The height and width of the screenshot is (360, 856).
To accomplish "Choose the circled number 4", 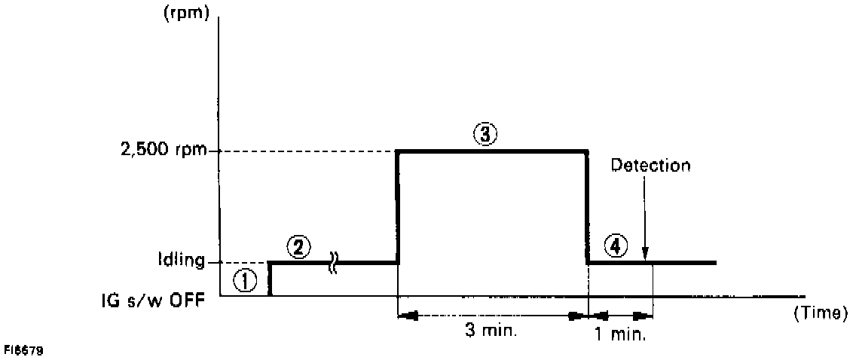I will [x=615, y=246].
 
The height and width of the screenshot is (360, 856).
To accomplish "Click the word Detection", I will [x=650, y=165].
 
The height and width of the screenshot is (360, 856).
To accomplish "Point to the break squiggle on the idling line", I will [x=333, y=262].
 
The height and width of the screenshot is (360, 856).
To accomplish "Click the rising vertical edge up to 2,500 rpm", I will [x=397, y=207].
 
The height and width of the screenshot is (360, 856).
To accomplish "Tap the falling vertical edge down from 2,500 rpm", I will [x=587, y=207].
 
